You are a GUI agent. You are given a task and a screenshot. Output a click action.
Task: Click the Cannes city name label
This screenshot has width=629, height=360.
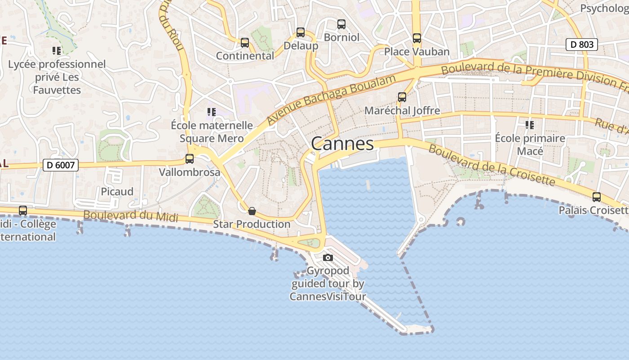[x=342, y=144]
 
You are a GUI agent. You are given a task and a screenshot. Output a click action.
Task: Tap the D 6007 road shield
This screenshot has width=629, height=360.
[x=61, y=165]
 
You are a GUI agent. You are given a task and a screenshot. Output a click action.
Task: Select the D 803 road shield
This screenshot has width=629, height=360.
[x=581, y=45]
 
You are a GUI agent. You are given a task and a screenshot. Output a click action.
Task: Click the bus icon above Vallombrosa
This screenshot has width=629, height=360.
[x=190, y=159]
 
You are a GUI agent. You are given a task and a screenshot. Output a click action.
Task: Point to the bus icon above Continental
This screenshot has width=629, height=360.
[x=245, y=43]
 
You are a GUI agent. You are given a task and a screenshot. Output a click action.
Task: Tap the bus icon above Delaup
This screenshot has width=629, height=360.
[x=301, y=32]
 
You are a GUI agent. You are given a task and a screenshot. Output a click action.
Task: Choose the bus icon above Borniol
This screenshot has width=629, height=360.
[x=341, y=24]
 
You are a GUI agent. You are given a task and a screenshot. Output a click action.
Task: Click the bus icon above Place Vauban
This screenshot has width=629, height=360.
[x=417, y=38]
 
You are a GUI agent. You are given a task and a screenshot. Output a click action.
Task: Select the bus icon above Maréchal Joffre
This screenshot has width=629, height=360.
[x=402, y=97]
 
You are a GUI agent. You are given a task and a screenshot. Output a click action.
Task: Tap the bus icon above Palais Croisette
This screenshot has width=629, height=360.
[x=597, y=197]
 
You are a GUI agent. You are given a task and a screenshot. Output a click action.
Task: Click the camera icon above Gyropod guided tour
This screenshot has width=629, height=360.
[x=328, y=257]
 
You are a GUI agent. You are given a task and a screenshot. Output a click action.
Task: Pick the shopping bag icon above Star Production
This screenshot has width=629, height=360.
[x=252, y=211]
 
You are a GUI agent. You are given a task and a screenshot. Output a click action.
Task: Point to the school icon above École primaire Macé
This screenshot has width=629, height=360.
[x=530, y=125]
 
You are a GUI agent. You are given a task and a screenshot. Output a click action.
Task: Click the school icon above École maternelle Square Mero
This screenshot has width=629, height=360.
[x=211, y=112]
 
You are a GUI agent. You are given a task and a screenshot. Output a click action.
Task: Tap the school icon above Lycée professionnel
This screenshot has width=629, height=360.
[x=57, y=50]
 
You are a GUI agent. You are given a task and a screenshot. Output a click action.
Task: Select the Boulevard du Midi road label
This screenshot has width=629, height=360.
[x=131, y=216]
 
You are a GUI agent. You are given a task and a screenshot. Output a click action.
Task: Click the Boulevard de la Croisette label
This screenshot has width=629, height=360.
[x=492, y=165]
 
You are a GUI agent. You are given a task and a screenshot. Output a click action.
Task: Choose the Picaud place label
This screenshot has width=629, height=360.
[x=117, y=191]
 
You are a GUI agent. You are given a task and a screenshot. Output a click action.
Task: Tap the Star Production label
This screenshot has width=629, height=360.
[x=252, y=224]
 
